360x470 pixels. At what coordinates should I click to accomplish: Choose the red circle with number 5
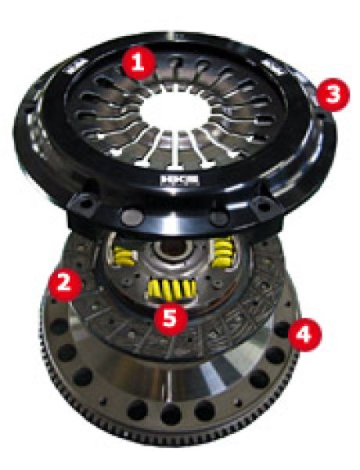167,317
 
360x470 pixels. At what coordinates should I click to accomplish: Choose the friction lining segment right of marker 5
215,329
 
